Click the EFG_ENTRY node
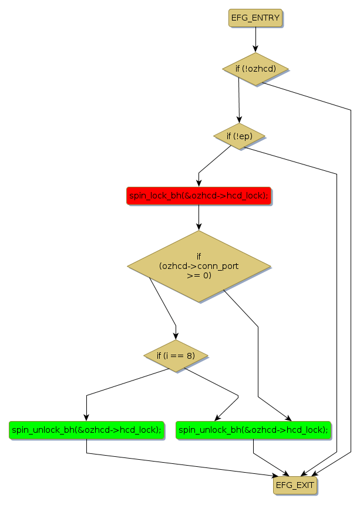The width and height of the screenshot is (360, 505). point(255,18)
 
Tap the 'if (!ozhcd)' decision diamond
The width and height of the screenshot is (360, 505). point(255,69)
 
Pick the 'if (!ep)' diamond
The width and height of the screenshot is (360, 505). point(238,136)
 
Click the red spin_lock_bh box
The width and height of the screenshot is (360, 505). point(198,196)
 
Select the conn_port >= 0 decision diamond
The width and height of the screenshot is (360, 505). point(198,266)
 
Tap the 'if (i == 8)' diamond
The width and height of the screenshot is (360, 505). point(176,356)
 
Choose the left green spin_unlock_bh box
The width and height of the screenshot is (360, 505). point(86,430)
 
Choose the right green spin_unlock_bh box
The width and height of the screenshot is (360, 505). point(253,430)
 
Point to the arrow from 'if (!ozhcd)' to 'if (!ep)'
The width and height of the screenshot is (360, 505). point(239,100)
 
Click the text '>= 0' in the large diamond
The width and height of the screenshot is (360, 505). point(198,275)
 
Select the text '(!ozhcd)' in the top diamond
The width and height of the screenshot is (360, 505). point(260,69)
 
